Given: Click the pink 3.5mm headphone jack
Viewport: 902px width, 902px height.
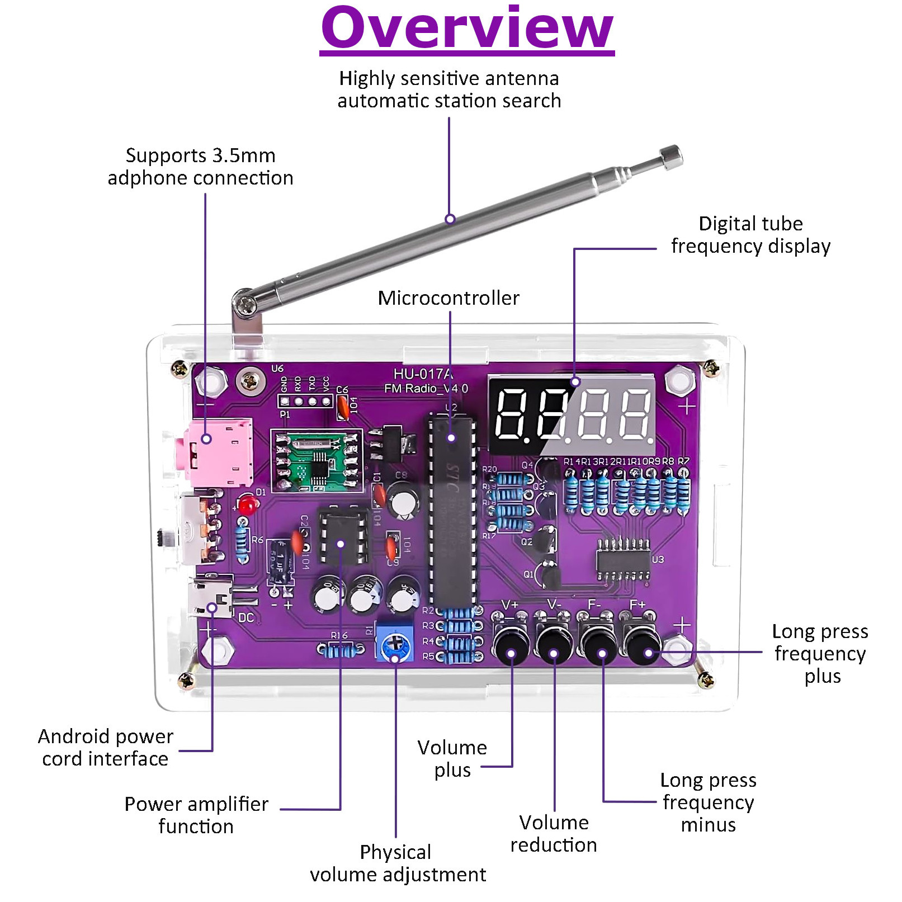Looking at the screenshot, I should (218, 452).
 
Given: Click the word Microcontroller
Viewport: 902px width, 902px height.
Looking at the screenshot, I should (448, 298).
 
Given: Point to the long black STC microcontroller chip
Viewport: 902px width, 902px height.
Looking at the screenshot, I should (452, 509).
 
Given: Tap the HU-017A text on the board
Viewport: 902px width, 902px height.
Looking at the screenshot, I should (423, 374).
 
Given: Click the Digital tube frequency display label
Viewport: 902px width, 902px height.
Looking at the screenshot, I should (750, 235).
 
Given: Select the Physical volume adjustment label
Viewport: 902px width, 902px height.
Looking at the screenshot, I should (398, 863).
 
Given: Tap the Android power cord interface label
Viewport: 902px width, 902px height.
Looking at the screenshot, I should (106, 748).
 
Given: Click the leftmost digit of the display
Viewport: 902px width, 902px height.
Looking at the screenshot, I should (511, 413).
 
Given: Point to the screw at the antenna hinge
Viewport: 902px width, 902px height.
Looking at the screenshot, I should (245, 304).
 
